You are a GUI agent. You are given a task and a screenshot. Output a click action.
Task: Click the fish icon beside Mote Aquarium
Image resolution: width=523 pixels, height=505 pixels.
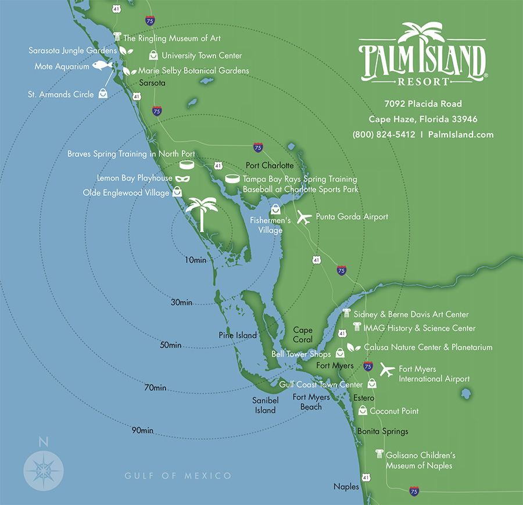point(102,66)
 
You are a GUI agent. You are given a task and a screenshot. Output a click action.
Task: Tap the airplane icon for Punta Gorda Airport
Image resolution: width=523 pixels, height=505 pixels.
point(305,218)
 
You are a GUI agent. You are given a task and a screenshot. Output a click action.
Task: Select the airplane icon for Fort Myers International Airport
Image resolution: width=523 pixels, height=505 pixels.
point(387,369)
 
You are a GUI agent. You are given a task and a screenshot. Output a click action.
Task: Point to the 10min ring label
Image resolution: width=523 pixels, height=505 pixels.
point(195,260)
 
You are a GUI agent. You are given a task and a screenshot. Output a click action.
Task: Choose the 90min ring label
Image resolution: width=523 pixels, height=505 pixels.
point(142,430)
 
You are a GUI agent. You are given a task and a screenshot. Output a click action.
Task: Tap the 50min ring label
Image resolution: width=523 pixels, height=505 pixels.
point(170,345)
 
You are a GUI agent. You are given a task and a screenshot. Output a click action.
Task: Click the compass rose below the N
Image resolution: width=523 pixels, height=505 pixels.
point(43,468)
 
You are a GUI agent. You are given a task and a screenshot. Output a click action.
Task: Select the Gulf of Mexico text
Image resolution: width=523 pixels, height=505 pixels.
point(178,476)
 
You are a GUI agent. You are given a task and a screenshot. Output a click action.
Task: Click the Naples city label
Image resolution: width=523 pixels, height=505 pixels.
point(346,486)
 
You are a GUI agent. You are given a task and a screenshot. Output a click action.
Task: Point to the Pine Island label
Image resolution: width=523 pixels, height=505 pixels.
point(238,335)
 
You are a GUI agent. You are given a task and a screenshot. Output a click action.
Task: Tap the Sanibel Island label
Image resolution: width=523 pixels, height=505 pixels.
point(265,405)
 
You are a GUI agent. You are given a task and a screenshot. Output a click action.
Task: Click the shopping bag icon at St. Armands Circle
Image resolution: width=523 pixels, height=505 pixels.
point(103,93)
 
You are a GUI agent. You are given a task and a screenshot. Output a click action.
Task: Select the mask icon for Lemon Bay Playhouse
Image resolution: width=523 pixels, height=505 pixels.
point(182,178)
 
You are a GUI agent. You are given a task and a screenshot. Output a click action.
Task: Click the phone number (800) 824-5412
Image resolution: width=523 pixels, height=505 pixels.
point(384,134)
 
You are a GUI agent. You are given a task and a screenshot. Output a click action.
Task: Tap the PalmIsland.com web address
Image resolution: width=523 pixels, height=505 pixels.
point(461,134)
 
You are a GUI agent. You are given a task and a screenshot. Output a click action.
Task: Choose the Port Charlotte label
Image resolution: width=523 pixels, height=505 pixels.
point(270,166)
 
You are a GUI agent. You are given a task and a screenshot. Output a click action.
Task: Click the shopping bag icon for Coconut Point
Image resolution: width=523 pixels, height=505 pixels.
point(363,410)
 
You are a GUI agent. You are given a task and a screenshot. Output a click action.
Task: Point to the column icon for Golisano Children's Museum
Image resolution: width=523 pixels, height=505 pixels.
point(379,454)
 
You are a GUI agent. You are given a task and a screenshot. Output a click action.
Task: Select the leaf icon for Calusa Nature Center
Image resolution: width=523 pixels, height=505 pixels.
point(351,347)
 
